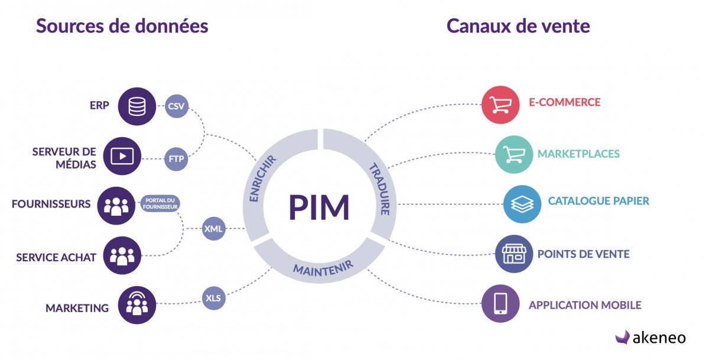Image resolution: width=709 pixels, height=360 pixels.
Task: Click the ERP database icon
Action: pyautogui.click(x=136, y=106)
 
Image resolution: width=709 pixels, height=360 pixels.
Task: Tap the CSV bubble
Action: pyautogui.click(x=176, y=106)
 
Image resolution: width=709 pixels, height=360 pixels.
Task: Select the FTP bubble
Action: pyautogui.click(x=176, y=158)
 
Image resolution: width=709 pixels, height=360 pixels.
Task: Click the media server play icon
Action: pyautogui.click(x=122, y=156)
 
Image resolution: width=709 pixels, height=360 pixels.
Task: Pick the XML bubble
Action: pyautogui.click(x=213, y=228)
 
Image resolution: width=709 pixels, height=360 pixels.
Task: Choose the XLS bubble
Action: pyautogui.click(x=213, y=298)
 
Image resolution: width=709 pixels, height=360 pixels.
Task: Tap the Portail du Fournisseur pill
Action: pyautogui.click(x=160, y=203)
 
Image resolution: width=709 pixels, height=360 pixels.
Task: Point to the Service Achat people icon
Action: pyautogui.click(x=122, y=256)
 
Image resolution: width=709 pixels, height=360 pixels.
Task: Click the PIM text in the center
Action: pyautogui.click(x=320, y=207)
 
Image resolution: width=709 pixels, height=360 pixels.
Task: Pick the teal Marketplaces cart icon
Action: pyautogui.click(x=513, y=154)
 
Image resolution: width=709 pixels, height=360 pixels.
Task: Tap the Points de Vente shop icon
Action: pyautogui.click(x=513, y=254)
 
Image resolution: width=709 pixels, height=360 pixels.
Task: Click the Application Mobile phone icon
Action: pyautogui.click(x=500, y=304)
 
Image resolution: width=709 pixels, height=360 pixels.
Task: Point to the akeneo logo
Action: pyautogui.click(x=650, y=338)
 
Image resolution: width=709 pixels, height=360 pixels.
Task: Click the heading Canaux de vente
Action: pyautogui.click(x=518, y=26)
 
